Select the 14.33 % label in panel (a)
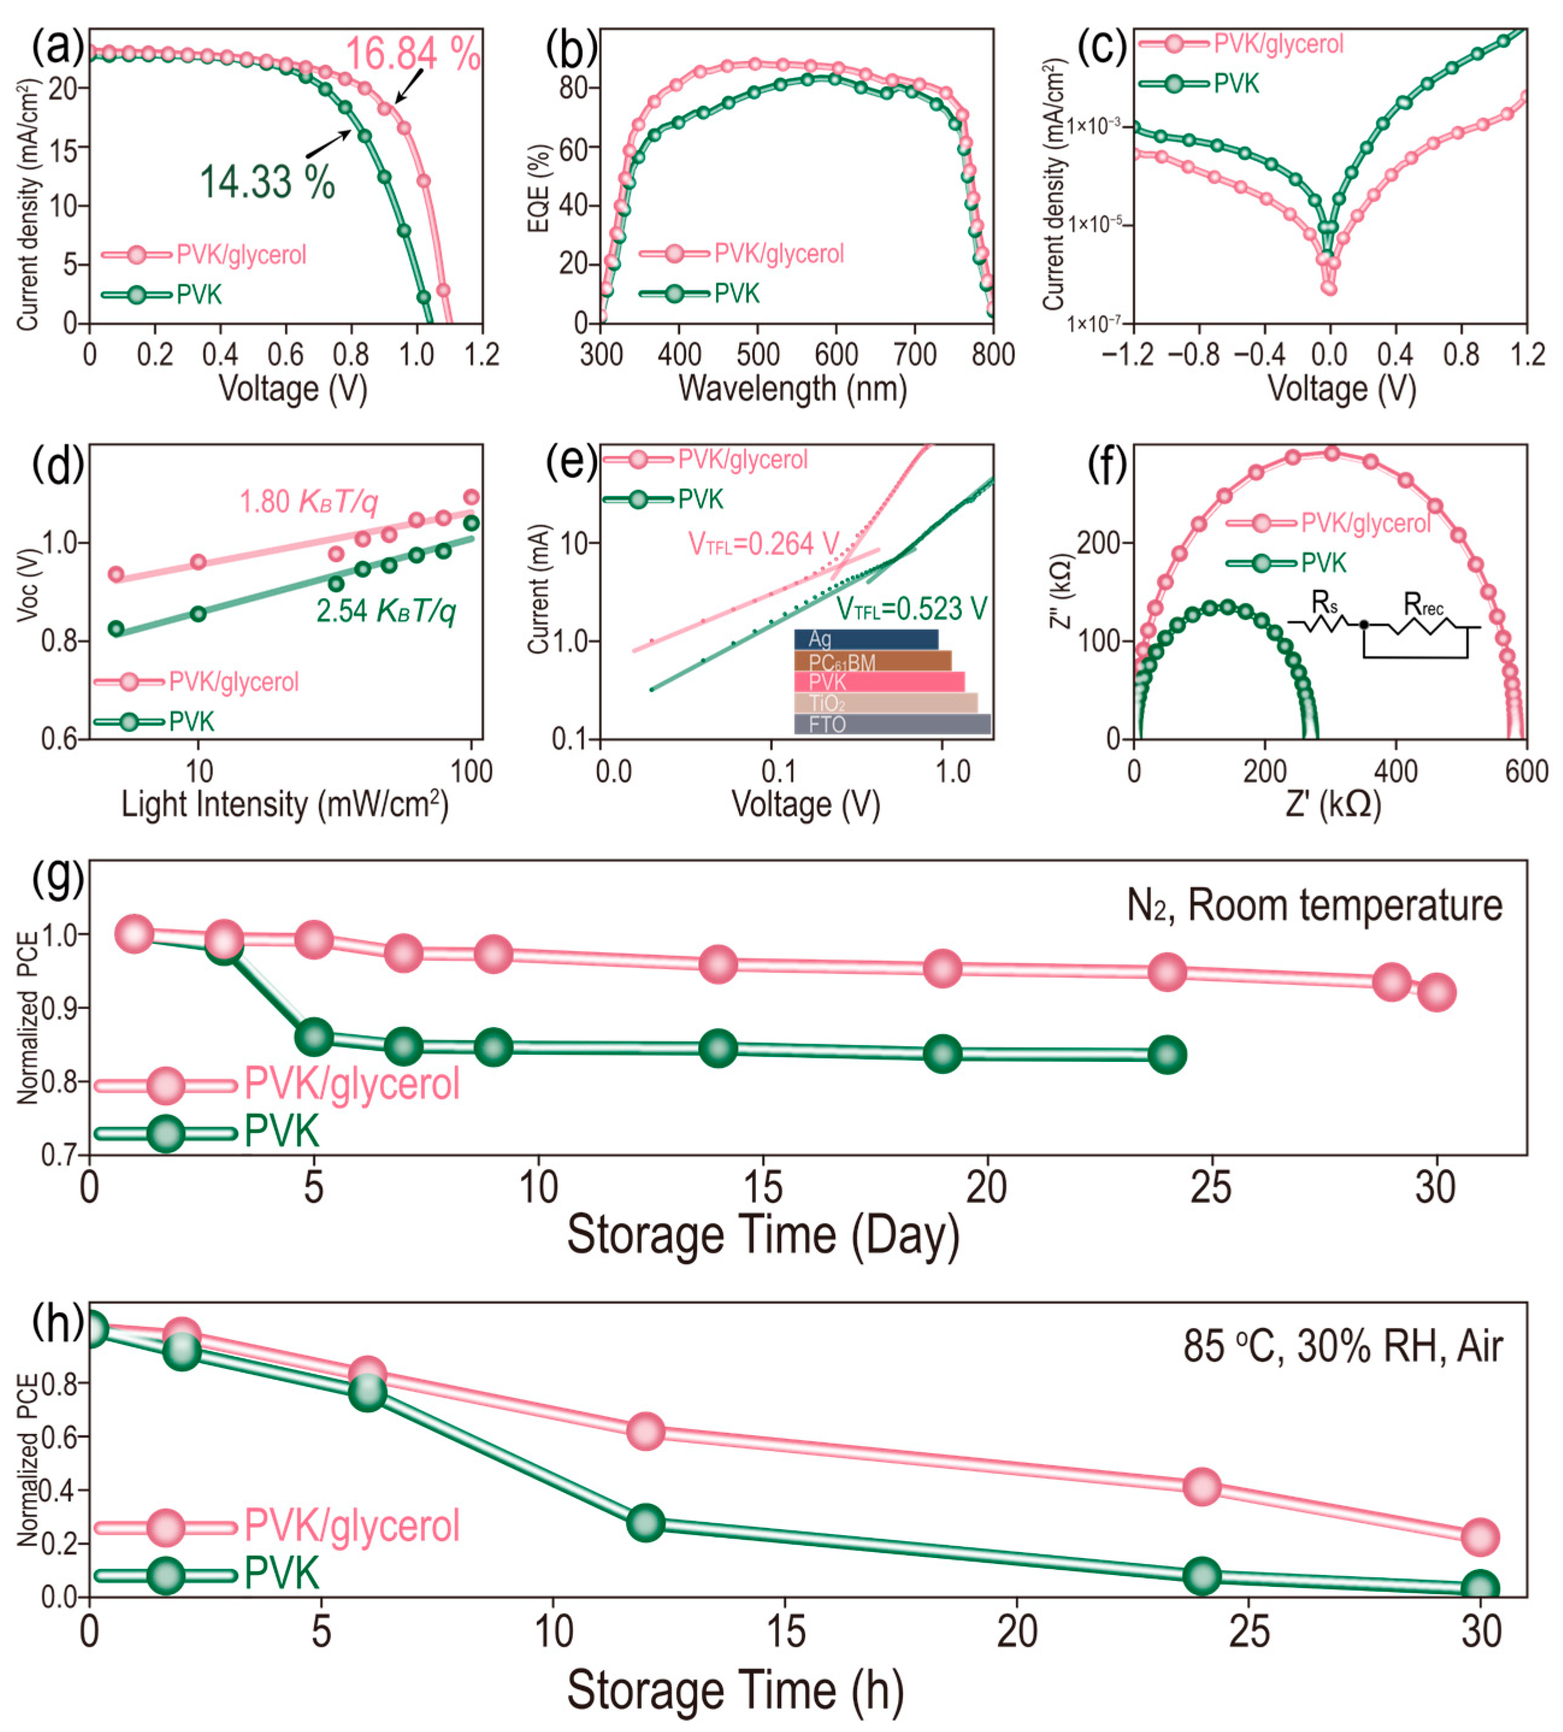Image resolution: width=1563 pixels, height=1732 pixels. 267,182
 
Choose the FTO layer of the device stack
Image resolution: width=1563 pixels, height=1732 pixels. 891,724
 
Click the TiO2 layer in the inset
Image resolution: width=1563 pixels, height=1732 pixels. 885,703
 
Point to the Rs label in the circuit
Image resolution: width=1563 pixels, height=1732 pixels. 1324,603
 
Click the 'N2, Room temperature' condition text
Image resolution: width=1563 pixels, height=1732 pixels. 1314,905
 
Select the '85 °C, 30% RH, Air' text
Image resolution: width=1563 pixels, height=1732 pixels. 1342,1346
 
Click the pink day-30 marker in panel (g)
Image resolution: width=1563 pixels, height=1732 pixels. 1437,992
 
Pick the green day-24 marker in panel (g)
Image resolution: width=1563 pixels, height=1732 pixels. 1167,1054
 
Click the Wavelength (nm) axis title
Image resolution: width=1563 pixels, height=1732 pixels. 793,389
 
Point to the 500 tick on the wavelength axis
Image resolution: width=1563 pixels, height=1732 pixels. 758,354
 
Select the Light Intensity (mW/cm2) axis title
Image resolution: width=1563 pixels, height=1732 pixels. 284,805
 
